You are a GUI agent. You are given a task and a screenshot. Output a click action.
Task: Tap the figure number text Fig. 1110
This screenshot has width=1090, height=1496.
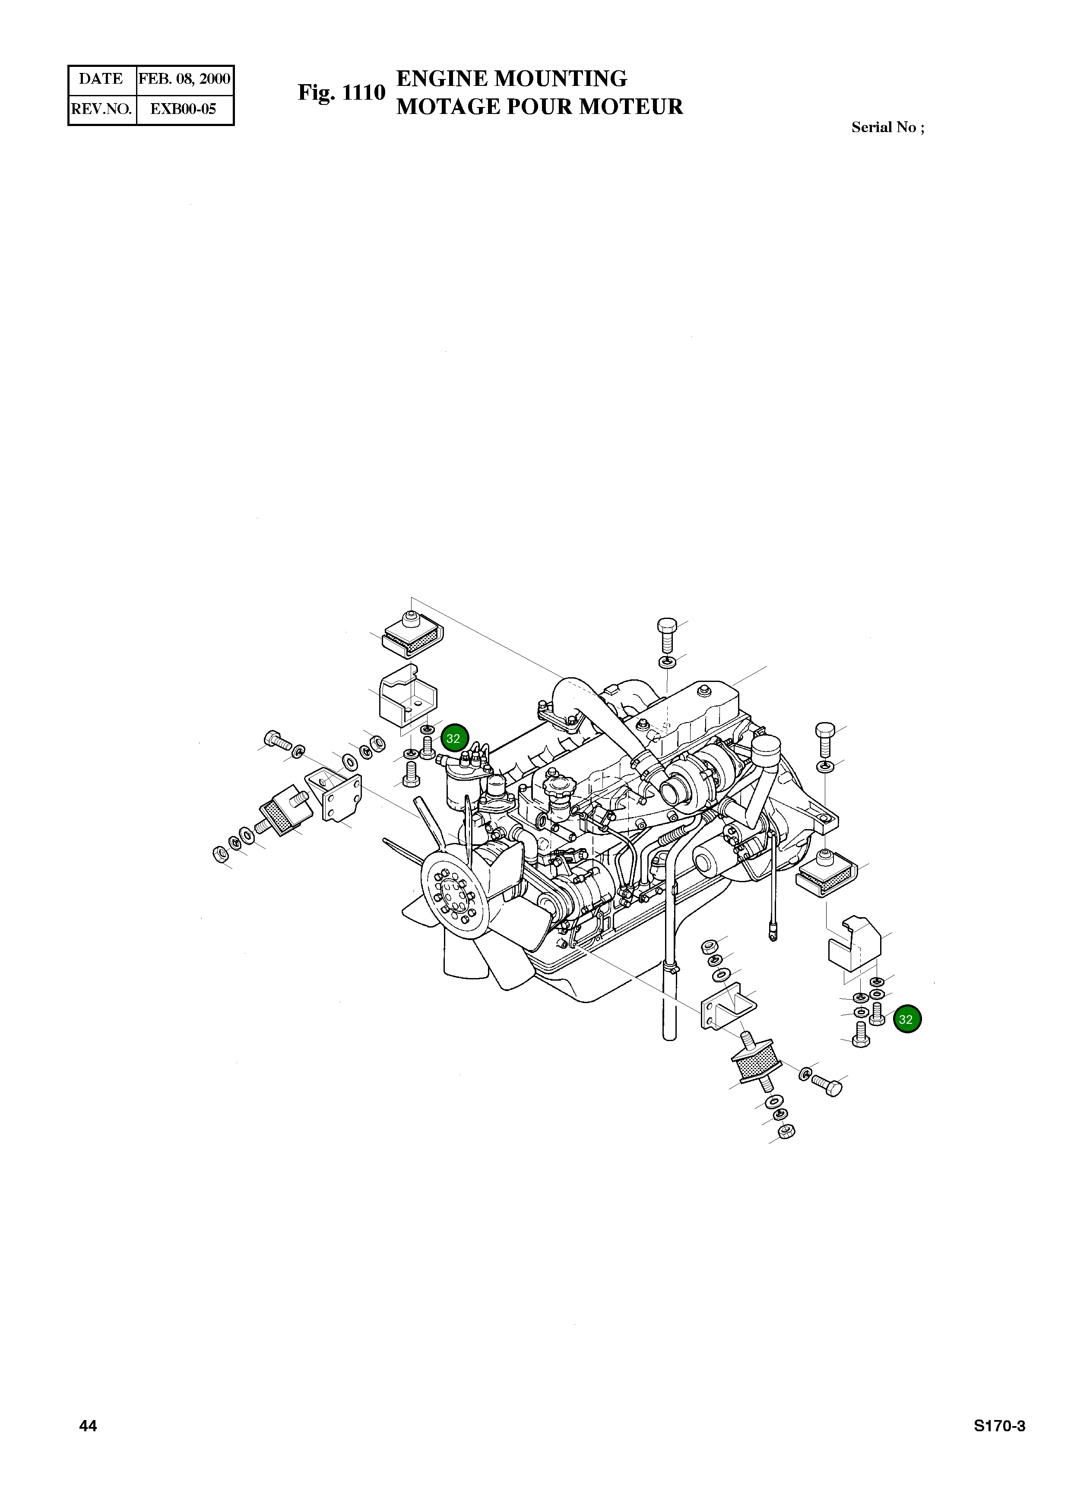341,92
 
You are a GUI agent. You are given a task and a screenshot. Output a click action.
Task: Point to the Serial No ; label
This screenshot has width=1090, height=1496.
887,128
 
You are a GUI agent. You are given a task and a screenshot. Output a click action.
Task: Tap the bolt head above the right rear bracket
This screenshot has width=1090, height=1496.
825,731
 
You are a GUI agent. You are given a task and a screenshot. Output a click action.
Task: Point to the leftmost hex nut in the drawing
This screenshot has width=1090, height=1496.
219,855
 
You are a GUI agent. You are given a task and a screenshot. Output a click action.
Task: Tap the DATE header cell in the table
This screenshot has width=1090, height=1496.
101,79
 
